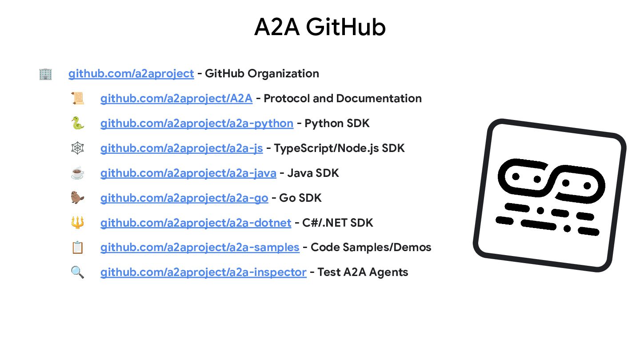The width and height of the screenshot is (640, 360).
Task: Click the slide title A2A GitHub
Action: pos(320,27)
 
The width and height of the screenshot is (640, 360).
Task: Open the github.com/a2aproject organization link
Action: pos(131,73)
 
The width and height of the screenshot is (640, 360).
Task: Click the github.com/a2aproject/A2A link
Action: pos(176,98)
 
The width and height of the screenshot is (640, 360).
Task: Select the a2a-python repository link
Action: pos(196,123)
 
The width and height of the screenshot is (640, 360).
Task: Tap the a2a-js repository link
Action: pos(181,148)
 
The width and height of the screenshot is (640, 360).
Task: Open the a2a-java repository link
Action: pos(188,173)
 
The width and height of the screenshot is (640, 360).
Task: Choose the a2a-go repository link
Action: pos(184,198)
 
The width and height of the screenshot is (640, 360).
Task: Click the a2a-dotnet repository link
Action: pos(196,223)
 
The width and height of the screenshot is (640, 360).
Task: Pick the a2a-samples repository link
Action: pos(200,248)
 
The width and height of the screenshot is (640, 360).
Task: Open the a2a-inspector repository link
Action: pos(203,272)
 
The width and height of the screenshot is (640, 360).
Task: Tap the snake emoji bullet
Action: pos(77,123)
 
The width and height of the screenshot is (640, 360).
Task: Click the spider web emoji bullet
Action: pos(77,148)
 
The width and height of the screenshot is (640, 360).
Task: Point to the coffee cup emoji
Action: pos(77,173)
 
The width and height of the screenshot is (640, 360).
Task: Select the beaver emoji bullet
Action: pos(77,198)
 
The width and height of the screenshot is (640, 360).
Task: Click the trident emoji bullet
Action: pos(77,223)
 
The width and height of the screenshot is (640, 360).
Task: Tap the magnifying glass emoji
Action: pos(77,272)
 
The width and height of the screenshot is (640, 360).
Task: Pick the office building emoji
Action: pos(45,74)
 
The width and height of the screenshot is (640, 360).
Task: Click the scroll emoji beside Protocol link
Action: pos(77,98)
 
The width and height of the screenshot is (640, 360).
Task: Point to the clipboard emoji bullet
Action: pos(77,248)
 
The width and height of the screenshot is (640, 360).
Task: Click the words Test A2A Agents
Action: pos(363,272)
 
